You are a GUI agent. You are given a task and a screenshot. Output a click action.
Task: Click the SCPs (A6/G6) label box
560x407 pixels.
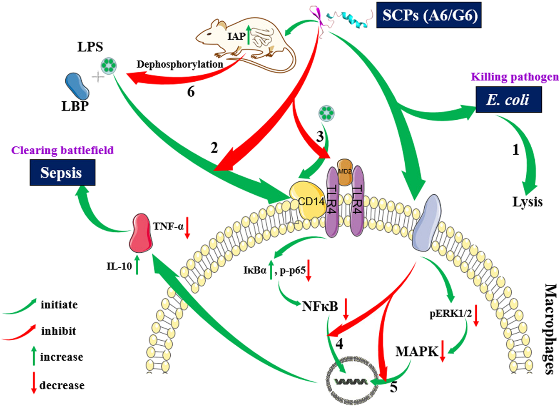tap(429, 15)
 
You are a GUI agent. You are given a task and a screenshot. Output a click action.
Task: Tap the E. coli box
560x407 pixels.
tap(508, 100)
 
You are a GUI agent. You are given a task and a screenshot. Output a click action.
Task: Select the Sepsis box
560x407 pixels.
tap(62, 173)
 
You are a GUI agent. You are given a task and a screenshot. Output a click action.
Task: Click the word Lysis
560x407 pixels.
tap(527, 202)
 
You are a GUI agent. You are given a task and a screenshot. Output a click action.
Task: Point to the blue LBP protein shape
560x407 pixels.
tap(77, 86)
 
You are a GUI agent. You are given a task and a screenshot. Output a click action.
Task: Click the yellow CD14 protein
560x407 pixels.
tap(307, 200)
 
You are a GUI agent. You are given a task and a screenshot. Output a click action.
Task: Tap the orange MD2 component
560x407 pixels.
tap(345, 171)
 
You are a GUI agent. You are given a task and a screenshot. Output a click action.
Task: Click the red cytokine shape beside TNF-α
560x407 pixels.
tap(140, 233)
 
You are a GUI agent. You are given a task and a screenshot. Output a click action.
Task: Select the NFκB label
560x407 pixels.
tap(320, 307)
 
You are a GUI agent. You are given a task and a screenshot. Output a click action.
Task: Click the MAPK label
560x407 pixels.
tap(417, 352)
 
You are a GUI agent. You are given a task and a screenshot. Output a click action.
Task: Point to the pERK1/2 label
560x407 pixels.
tap(450, 314)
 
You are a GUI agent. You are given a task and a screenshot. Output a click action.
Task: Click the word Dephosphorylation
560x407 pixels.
tap(179, 64)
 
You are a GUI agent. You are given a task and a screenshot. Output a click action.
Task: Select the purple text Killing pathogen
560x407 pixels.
tap(515, 77)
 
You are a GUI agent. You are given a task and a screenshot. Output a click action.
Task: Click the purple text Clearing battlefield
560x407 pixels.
tap(62, 150)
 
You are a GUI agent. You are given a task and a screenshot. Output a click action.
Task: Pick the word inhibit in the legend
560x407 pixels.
tap(59, 331)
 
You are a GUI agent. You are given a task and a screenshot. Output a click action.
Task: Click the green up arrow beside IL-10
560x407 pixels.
tap(137, 266)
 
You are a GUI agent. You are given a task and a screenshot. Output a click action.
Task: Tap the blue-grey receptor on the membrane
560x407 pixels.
tap(426, 222)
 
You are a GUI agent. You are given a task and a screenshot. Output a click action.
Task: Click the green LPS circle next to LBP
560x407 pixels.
tap(109, 65)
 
